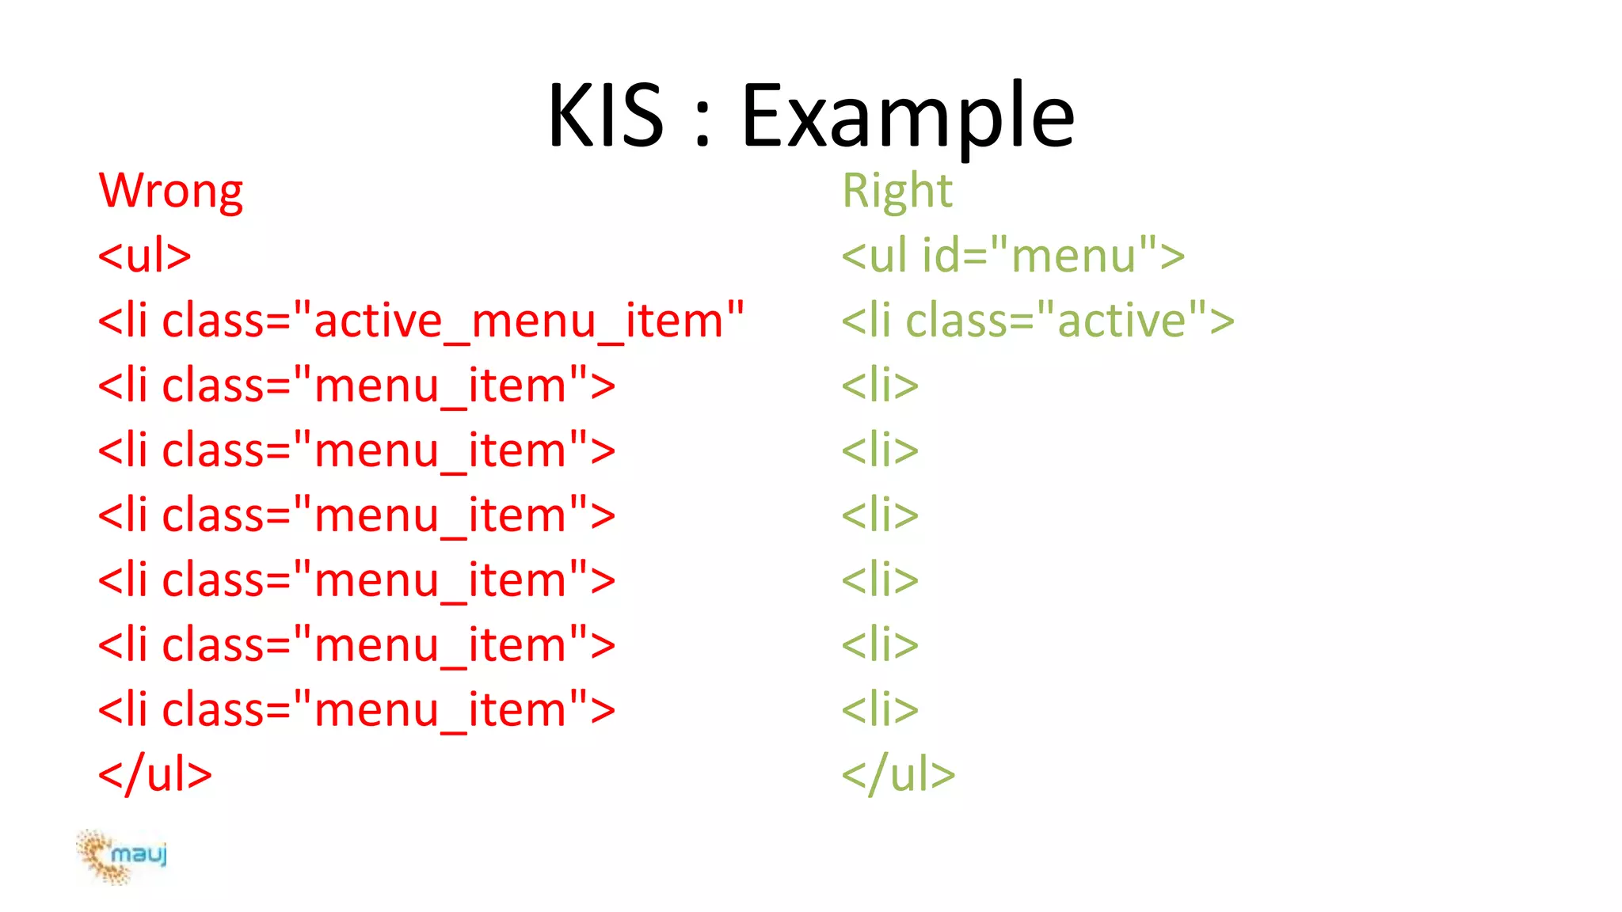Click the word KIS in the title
point(606,116)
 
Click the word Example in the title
point(908,116)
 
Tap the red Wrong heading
point(170,192)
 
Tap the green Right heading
point(897,192)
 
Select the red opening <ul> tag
point(144,256)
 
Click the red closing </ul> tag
point(154,774)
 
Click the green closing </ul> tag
point(898,774)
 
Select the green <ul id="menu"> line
point(1012,256)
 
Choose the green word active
point(1121,321)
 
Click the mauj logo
point(123,856)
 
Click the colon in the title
point(702,127)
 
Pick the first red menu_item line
point(356,386)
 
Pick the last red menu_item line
point(356,710)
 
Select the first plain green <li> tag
point(879,386)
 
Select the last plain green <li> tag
point(879,710)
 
